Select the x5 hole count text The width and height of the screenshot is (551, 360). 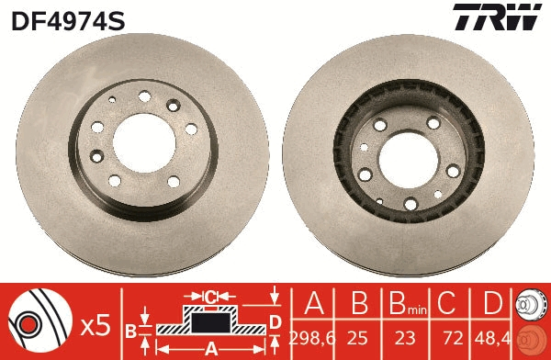[x=95, y=324]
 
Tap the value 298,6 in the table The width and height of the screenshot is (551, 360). [x=309, y=337]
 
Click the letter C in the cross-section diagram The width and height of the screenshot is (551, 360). [x=209, y=296]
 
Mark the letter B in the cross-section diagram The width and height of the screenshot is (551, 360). [x=131, y=329]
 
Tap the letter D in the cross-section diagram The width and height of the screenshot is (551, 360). [x=275, y=321]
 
